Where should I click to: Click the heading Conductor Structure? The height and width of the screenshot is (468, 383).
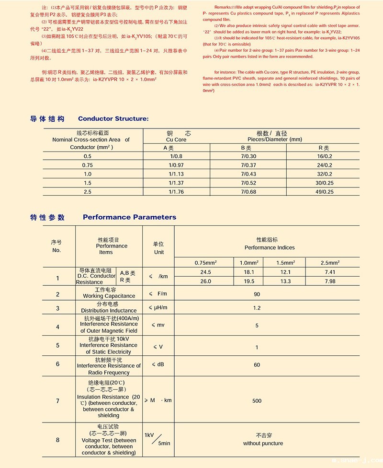click(x=113, y=118)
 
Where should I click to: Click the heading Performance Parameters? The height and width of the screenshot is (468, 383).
click(x=129, y=217)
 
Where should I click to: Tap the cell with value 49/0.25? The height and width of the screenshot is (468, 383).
click(x=324, y=192)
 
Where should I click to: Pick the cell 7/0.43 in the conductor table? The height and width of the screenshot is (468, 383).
click(x=248, y=174)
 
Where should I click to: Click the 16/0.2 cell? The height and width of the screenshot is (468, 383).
click(x=324, y=156)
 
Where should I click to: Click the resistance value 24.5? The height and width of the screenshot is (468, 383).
click(x=206, y=272)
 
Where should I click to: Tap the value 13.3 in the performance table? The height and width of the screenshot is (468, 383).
click(x=285, y=281)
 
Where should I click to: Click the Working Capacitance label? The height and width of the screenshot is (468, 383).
click(x=109, y=296)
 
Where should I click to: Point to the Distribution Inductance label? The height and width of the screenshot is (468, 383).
click(x=109, y=311)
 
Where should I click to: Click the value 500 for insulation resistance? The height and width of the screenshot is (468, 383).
click(x=257, y=401)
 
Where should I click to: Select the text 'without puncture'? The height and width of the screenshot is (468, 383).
click(x=263, y=444)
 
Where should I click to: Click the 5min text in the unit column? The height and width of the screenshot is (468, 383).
click(x=164, y=444)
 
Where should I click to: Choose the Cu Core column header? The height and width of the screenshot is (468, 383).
click(x=176, y=140)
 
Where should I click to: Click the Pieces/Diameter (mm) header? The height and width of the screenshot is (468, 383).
click(x=271, y=140)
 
